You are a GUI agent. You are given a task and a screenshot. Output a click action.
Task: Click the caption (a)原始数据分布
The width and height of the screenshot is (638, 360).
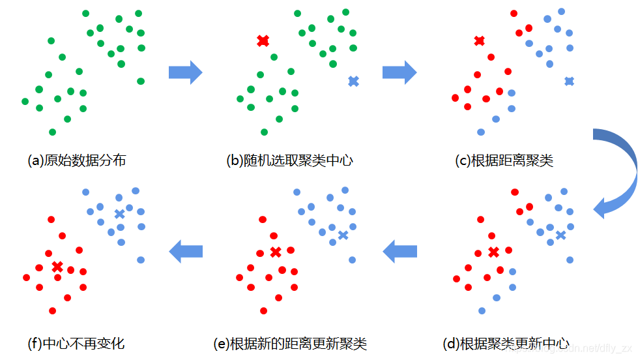coord(76,160)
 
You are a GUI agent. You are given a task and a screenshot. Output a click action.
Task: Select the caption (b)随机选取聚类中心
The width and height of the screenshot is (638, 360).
coord(289,160)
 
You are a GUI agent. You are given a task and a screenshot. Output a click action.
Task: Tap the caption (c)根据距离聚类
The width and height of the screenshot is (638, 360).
coord(504,160)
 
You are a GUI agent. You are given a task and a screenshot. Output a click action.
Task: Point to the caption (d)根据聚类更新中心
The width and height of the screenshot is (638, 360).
coord(506,343)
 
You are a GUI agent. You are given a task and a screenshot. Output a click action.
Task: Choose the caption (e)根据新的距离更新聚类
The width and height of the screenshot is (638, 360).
coord(290,343)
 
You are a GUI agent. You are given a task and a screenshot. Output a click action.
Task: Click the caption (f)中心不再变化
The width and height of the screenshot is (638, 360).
coord(76,343)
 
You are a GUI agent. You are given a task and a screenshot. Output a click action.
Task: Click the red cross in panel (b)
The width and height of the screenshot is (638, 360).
coord(263,41)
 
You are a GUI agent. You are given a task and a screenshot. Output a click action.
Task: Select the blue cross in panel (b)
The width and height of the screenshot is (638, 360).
coord(353,81)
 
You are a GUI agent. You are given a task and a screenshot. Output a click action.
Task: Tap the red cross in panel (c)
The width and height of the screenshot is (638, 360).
coord(479,41)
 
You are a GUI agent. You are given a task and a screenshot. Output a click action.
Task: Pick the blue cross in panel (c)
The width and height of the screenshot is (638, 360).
coord(569,81)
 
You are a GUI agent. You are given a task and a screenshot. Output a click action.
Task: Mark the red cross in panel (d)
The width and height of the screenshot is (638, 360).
coord(493,252)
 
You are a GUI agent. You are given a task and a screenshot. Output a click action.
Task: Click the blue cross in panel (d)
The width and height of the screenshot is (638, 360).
coord(560,235)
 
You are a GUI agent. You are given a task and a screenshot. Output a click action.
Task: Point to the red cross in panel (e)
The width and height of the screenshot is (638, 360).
coord(276,252)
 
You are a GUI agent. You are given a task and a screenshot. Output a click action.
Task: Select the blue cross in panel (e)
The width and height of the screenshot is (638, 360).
coord(343,235)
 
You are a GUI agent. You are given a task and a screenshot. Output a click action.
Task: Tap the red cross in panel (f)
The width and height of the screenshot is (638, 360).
coord(57,266)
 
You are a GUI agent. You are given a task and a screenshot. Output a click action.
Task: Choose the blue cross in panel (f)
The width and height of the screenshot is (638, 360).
coord(119,214)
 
